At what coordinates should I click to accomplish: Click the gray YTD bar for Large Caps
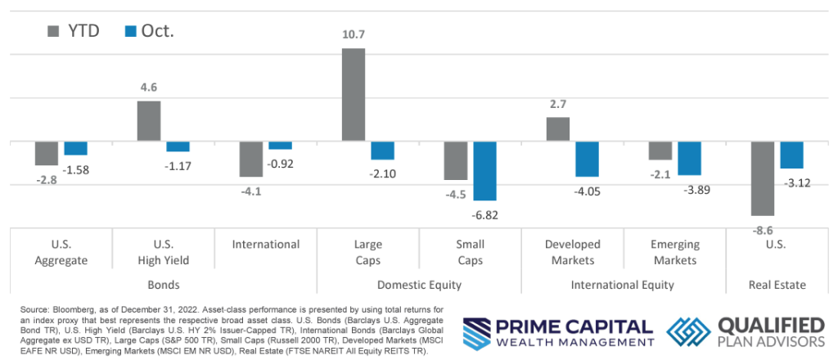[354, 95]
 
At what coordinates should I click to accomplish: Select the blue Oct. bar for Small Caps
[484, 171]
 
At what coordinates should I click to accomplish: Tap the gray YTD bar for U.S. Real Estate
[762, 178]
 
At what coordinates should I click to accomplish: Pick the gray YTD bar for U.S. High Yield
[149, 121]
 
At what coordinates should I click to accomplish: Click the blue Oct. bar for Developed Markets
[587, 159]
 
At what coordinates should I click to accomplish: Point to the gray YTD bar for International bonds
[251, 159]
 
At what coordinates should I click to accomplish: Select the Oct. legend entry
[150, 31]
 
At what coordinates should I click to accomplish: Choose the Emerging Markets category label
[675, 252]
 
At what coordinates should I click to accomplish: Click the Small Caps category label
[470, 252]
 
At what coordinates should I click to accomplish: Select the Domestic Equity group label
[419, 285]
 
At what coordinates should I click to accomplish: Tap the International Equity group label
[623, 285]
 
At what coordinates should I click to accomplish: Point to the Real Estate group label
[777, 285]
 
